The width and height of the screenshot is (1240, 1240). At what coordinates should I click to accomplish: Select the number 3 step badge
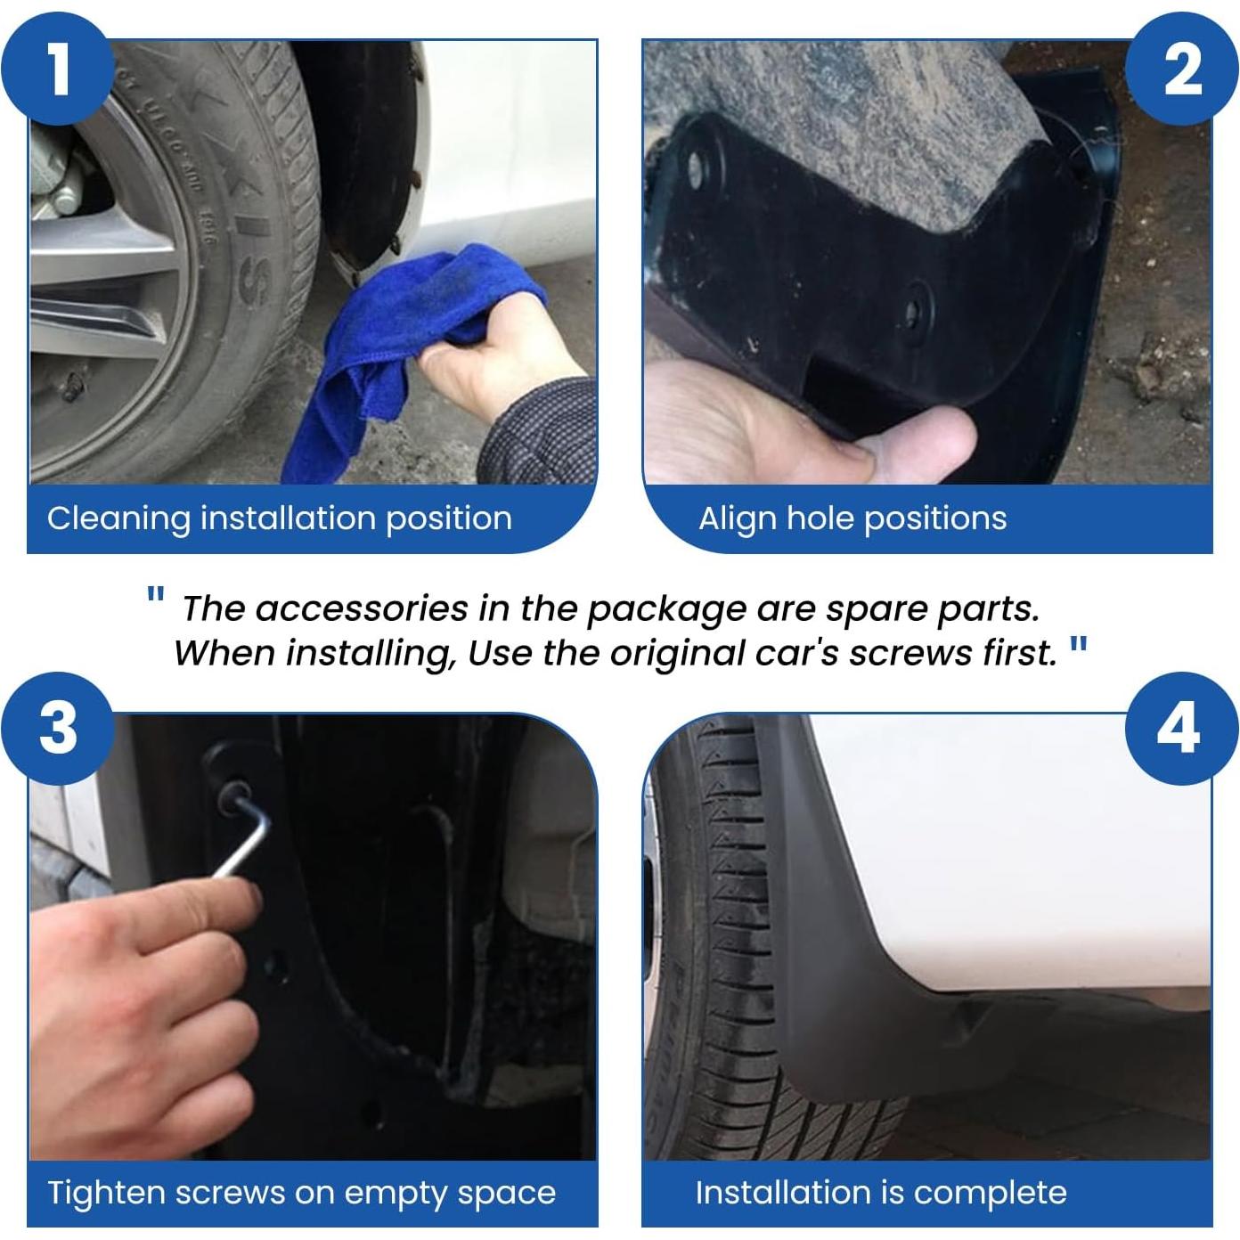(58, 728)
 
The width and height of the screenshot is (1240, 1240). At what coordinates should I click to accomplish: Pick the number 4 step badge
(1181, 728)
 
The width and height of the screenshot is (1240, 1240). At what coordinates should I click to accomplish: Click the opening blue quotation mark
(155, 595)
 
